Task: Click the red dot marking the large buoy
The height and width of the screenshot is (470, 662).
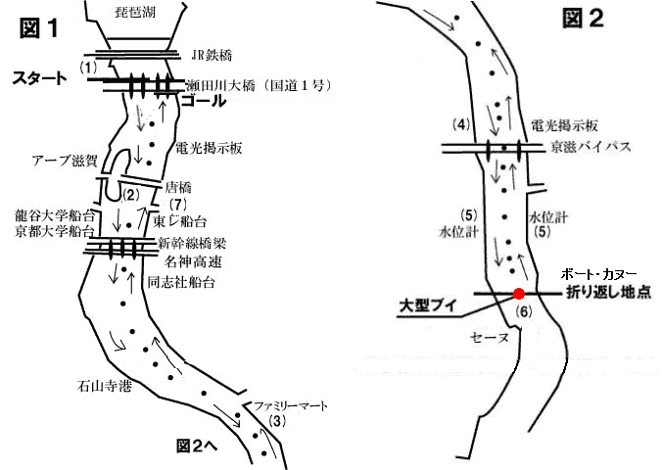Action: pyautogui.click(x=519, y=294)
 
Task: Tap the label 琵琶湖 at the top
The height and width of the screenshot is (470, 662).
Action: pyautogui.click(x=135, y=12)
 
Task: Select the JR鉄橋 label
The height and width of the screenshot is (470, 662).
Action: pyautogui.click(x=212, y=55)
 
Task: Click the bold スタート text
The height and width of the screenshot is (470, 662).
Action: pyautogui.click(x=39, y=78)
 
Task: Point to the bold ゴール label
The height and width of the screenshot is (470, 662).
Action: pyautogui.click(x=204, y=101)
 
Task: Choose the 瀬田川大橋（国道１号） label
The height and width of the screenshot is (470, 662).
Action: pyautogui.click(x=258, y=86)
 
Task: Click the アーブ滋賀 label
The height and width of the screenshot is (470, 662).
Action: pyautogui.click(x=65, y=161)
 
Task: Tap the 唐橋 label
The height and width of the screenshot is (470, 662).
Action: pyautogui.click(x=178, y=187)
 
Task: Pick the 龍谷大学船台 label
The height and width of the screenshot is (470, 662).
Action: pyautogui.click(x=55, y=215)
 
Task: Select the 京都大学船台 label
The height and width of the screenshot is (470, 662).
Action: pyautogui.click(x=55, y=231)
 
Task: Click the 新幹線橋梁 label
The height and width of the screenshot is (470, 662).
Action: pyautogui.click(x=192, y=243)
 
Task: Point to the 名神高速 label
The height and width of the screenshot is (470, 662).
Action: pyautogui.click(x=193, y=261)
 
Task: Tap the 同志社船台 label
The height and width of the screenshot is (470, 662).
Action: pyautogui.click(x=181, y=282)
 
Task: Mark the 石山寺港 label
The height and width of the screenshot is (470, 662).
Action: pyautogui.click(x=104, y=386)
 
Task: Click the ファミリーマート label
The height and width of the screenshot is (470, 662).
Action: pyautogui.click(x=291, y=406)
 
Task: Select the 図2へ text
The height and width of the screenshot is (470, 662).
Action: pyautogui.click(x=197, y=446)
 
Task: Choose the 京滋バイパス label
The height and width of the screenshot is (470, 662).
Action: pyautogui.click(x=591, y=147)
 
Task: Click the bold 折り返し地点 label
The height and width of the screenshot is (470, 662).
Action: pyautogui.click(x=608, y=292)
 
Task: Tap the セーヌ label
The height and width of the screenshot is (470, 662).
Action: pyautogui.click(x=490, y=338)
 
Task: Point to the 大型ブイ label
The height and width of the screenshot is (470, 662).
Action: pyautogui.click(x=428, y=306)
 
